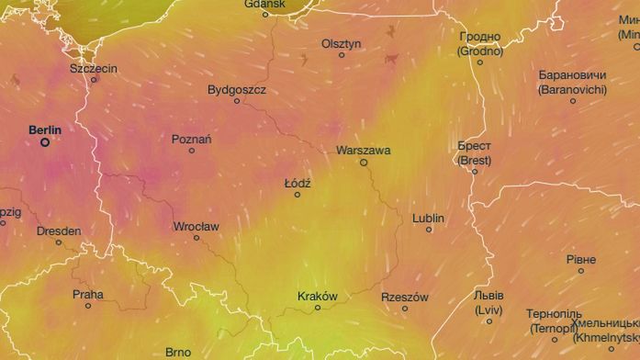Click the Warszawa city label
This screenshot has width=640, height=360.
(364, 149)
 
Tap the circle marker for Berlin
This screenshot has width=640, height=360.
(44, 142)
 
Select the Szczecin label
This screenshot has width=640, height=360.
(95, 68)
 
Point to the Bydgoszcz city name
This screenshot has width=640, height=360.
(237, 90)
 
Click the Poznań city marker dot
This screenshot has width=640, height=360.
(192, 151)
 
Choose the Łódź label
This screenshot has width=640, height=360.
(298, 183)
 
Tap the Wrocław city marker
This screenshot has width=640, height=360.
(196, 238)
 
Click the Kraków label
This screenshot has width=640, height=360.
(318, 296)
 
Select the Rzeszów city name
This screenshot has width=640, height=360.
(404, 297)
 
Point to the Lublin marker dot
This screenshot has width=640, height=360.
(429, 230)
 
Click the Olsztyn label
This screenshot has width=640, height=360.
(342, 43)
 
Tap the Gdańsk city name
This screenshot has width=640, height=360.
(265, 4)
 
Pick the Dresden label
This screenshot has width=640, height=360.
(59, 231)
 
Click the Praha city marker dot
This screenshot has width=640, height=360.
(88, 306)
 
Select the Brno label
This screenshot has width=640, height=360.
(178, 352)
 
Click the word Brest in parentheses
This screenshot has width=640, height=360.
(475, 159)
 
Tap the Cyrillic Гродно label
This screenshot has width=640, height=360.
(479, 37)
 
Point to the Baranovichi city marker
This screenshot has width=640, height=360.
(573, 101)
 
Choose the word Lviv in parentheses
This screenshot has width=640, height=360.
(488, 309)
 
